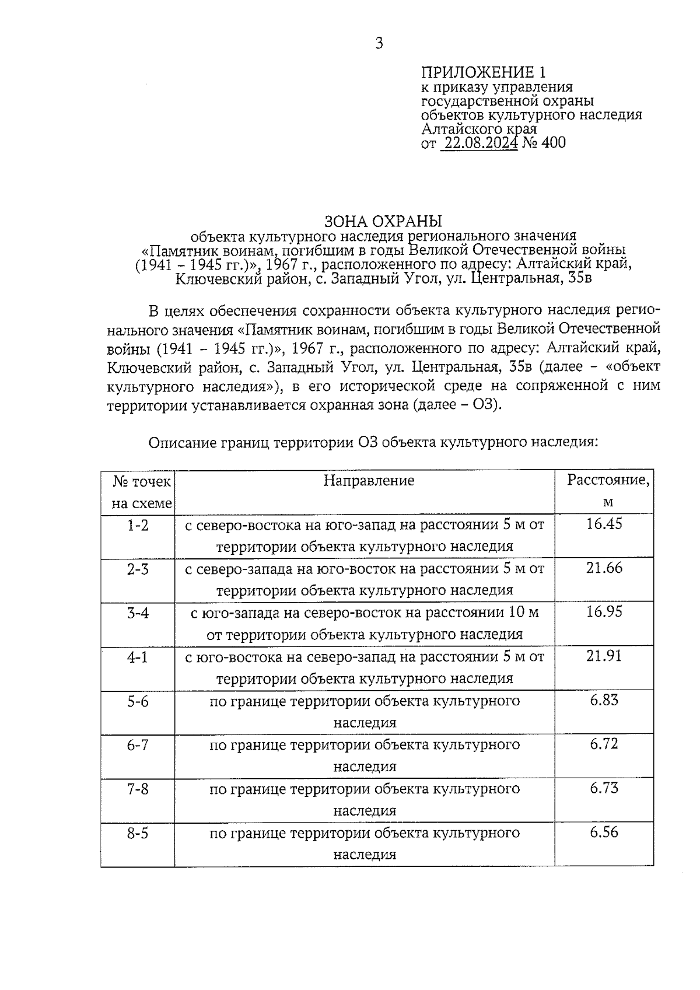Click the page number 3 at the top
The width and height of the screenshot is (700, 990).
coord(379,44)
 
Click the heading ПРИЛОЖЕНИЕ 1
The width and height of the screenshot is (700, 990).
coord(484,72)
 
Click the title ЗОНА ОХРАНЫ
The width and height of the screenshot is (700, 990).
coord(383,221)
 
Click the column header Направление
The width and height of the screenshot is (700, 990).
coord(369,481)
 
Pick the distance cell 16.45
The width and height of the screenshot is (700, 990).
coord(604,524)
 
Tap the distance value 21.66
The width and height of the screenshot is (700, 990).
coord(604,568)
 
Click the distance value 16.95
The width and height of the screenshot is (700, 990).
coord(604,612)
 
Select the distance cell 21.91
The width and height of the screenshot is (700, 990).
coord(604,656)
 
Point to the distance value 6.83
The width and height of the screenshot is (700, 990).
coord(604,700)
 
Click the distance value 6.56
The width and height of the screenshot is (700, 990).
coord(604,832)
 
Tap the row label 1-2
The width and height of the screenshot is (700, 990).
coord(138,525)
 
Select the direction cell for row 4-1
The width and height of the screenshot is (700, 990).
coord(365,668)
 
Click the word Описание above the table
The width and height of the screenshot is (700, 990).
coord(183,443)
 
